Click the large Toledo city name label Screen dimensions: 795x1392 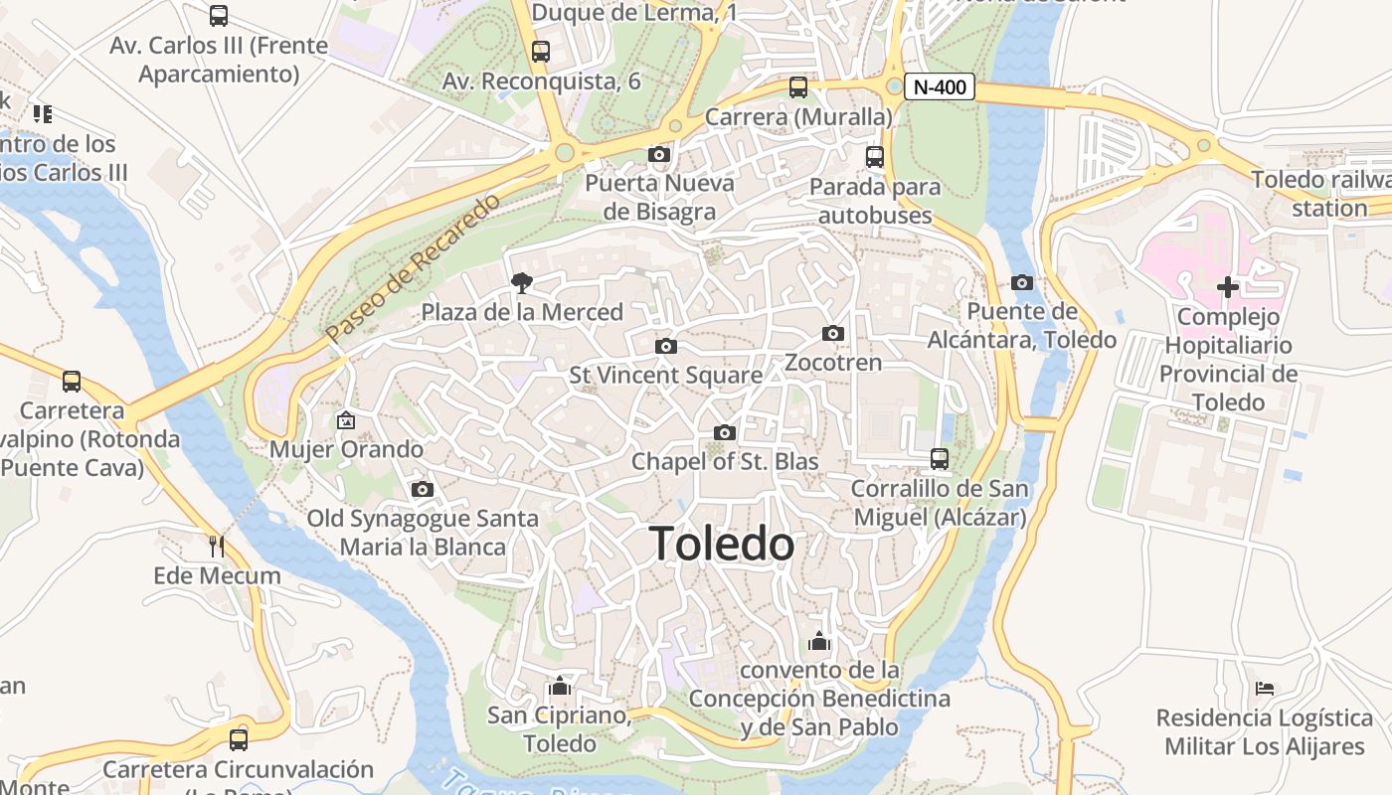[x=722, y=545]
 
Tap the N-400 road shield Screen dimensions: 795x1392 [x=939, y=86]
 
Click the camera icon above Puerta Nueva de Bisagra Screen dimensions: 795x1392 [x=658, y=154]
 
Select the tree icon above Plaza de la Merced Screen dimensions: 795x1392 [x=521, y=283]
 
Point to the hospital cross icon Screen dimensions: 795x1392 [x=1228, y=287]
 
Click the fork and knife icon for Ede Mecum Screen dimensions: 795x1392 [x=217, y=546]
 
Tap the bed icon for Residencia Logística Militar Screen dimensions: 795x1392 [x=1265, y=688]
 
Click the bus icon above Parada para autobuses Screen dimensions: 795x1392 [x=874, y=156]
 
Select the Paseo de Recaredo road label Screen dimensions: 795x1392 [x=413, y=269]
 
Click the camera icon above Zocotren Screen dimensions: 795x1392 [x=833, y=333]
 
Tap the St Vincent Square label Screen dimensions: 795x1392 [x=665, y=376]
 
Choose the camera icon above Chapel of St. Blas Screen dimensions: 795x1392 [x=725, y=432]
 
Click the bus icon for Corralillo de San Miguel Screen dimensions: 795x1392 [x=940, y=458]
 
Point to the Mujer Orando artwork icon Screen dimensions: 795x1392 [x=346, y=420]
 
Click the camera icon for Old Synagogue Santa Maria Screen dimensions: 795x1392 [x=423, y=489]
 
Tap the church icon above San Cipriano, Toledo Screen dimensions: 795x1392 [x=559, y=686]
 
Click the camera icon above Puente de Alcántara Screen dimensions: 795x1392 [x=1021, y=282]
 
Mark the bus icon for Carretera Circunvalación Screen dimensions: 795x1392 [x=239, y=739]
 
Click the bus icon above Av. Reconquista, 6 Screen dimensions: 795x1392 [x=541, y=51]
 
